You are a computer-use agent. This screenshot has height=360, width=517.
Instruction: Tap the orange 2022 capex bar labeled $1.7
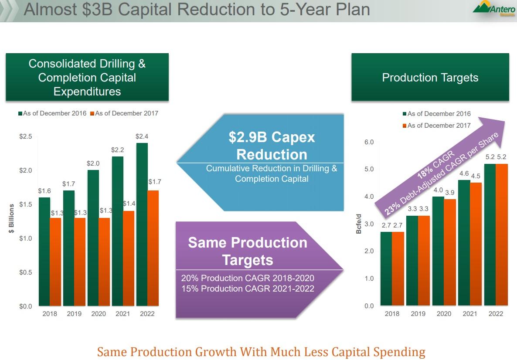point(153,248)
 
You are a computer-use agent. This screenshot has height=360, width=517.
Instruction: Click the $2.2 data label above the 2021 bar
point(117,150)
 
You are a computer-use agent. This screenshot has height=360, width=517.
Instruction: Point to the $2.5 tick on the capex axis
point(26,136)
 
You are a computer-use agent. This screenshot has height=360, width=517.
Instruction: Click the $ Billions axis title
point(12,218)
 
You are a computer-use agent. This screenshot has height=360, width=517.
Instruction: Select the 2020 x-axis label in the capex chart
point(99,314)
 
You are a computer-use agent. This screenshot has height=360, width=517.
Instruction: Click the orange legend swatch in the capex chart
point(92,114)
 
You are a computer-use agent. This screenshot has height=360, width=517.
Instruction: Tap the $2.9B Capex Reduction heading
point(272,146)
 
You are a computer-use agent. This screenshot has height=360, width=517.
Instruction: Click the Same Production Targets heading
point(248,251)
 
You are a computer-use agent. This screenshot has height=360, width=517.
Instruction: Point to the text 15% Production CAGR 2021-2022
point(248,289)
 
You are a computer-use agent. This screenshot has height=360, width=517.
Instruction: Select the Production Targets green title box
point(430,78)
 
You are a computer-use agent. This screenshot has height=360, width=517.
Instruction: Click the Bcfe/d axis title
point(359,224)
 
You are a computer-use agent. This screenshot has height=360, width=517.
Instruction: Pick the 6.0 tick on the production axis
point(369,142)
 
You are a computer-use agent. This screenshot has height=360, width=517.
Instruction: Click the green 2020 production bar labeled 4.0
point(438,251)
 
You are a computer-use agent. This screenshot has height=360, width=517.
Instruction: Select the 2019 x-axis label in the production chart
point(418,314)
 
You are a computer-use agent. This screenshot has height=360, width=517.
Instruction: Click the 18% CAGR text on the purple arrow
point(436,165)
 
